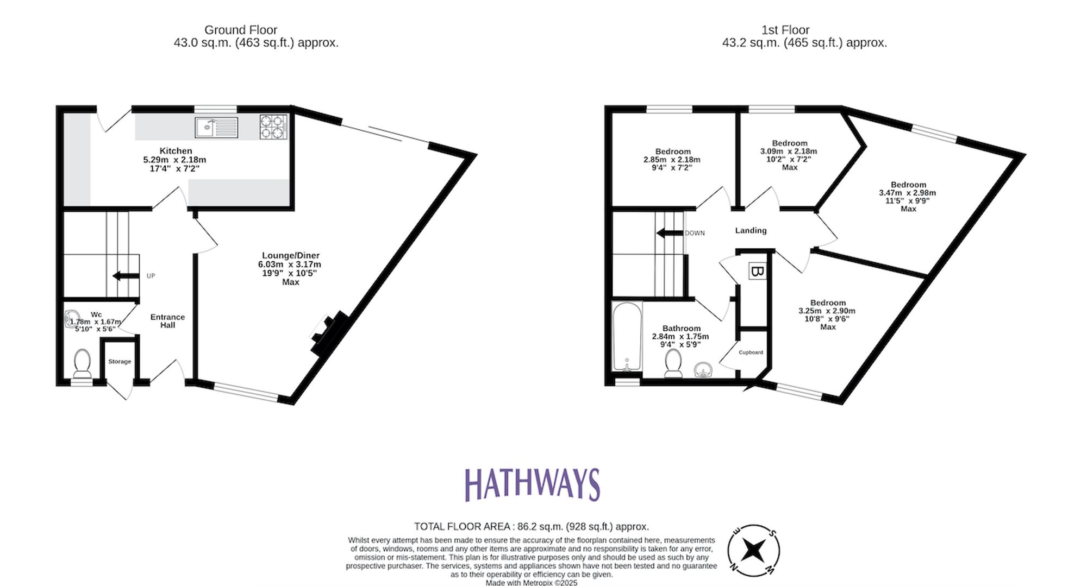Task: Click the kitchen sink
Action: pyautogui.click(x=216, y=128)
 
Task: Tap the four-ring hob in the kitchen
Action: pyautogui.click(x=273, y=127)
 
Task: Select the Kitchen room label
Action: pyautogui.click(x=176, y=151)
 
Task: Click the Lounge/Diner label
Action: pyautogui.click(x=291, y=255)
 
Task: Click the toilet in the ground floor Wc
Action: pyautogui.click(x=83, y=363)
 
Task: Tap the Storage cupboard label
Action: pyautogui.click(x=120, y=362)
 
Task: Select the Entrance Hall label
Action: pyautogui.click(x=167, y=321)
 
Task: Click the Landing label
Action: pyautogui.click(x=751, y=230)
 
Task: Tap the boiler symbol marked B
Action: pyautogui.click(x=757, y=271)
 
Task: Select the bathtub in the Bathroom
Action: pyautogui.click(x=627, y=337)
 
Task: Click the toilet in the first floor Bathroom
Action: pyautogui.click(x=673, y=363)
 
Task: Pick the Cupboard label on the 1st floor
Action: pyautogui.click(x=751, y=352)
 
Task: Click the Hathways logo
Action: pyautogui.click(x=532, y=484)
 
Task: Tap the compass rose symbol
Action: pyautogui.click(x=753, y=551)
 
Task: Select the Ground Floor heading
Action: pyautogui.click(x=241, y=30)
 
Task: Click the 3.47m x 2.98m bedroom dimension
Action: pyautogui.click(x=907, y=193)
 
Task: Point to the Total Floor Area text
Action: pyautogui.click(x=531, y=526)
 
